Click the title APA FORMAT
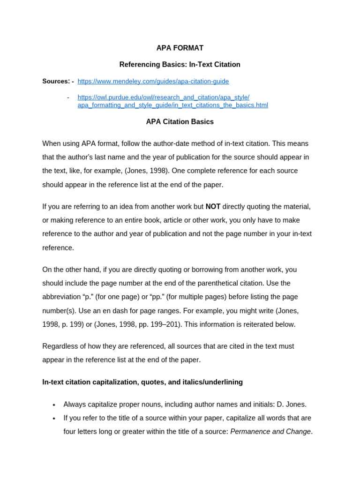180,48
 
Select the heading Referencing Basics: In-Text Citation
180,65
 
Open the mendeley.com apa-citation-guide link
153,81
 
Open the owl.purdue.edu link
172,101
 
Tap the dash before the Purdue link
68,97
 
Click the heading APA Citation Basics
180,122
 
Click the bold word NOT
213,207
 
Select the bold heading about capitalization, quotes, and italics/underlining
142,382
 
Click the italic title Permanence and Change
270,432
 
